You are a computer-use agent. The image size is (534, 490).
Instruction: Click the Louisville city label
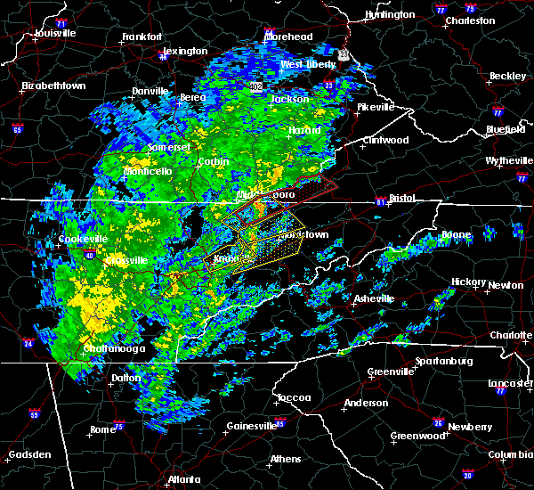point(55,33)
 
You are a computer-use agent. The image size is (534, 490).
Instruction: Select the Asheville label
point(370,298)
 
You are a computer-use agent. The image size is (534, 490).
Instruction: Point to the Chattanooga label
point(115,348)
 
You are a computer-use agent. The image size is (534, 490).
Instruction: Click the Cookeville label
point(83,239)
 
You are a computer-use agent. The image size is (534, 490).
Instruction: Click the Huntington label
point(390,15)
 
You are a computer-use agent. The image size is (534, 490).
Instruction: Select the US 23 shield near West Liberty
point(344,55)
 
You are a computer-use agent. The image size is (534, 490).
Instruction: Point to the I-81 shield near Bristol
point(380,200)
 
